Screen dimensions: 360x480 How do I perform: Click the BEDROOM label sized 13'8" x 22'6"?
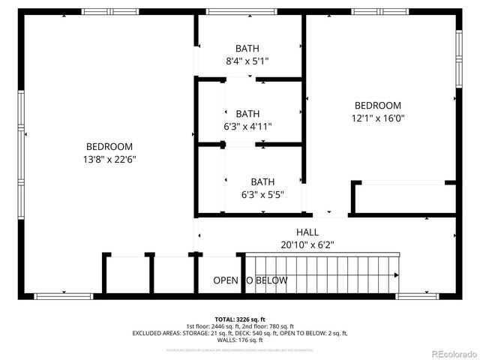(109, 147)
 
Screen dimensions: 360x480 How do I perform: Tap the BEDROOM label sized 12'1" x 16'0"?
(377, 106)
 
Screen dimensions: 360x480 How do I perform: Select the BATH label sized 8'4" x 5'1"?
(247, 48)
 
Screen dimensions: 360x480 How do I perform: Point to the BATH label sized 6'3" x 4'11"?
(247, 113)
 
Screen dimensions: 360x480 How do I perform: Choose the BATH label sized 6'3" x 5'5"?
(262, 181)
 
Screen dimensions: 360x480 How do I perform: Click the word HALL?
(307, 232)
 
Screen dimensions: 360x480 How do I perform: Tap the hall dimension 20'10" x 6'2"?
(307, 244)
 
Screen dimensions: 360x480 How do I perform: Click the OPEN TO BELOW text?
(250, 280)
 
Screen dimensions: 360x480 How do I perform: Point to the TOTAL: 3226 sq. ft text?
(240, 318)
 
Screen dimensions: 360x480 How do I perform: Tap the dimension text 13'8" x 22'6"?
(109, 159)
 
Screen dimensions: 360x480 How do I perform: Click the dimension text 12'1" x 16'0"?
(377, 118)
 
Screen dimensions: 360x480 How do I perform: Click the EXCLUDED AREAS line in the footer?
(240, 333)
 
